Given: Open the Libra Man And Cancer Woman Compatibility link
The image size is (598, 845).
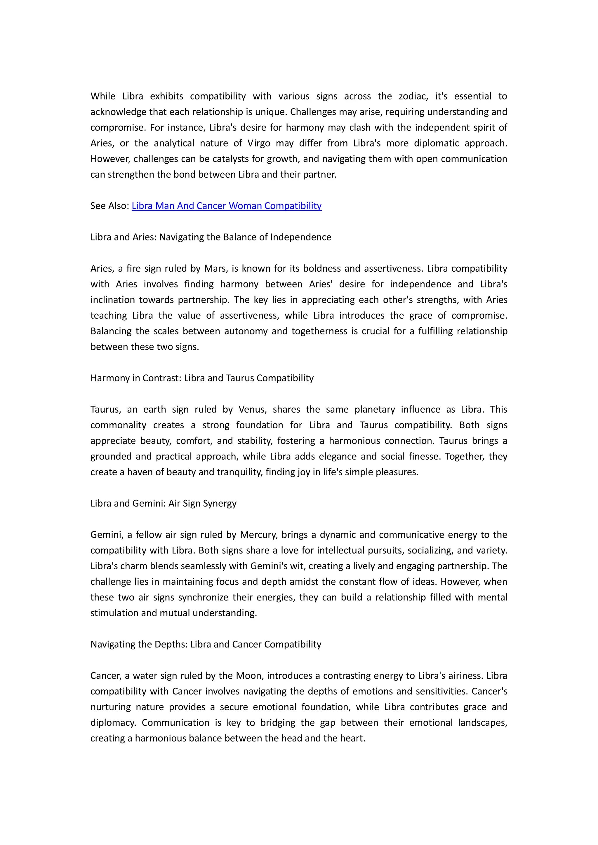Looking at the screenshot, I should [x=227, y=206].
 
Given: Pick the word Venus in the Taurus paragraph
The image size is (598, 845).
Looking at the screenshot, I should [x=252, y=410].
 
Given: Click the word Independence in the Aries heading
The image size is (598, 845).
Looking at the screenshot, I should [x=300, y=237].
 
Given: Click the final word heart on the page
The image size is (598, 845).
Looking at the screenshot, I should [x=354, y=738].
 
